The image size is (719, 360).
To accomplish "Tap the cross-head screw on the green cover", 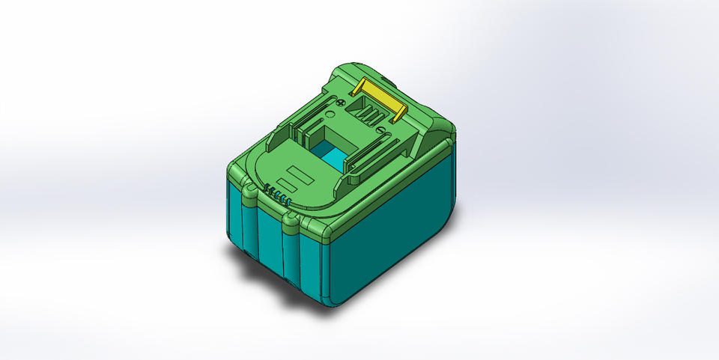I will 341,102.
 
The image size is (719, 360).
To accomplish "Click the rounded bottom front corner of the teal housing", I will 330,296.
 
